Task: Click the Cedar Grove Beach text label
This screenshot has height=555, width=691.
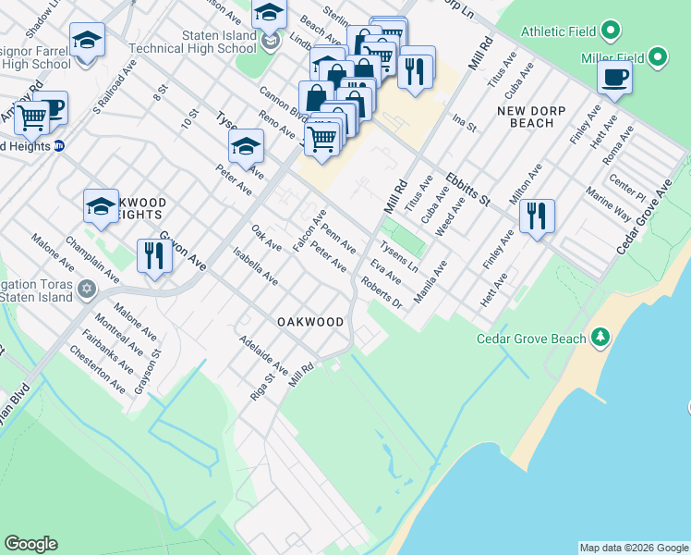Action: pyautogui.click(x=530, y=339)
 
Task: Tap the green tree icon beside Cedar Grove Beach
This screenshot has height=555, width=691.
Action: pyautogui.click(x=601, y=336)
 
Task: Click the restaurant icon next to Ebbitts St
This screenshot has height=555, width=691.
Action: pyautogui.click(x=537, y=216)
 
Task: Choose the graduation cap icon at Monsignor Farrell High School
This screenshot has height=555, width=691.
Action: pyautogui.click(x=87, y=41)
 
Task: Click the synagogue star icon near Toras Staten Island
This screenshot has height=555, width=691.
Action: pyautogui.click(x=87, y=290)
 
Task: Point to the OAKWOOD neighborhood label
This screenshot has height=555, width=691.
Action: pyautogui.click(x=310, y=322)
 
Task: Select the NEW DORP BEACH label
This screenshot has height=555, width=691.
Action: pyautogui.click(x=525, y=117)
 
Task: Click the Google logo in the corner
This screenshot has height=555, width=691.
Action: pyautogui.click(x=30, y=544)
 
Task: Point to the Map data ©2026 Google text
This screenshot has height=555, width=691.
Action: pyautogui.click(x=634, y=549)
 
